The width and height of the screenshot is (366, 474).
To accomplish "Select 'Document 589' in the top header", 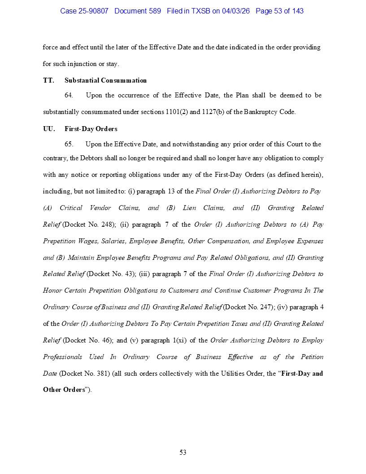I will click(x=138, y=11).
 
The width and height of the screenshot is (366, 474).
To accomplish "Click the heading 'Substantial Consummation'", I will click(x=105, y=80).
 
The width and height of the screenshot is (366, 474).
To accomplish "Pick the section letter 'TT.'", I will click(x=48, y=80).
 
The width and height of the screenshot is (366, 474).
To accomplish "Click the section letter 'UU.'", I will click(x=49, y=129).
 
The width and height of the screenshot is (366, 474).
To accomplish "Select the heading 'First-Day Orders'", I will click(x=91, y=129).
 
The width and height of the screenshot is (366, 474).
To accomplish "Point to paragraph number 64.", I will click(x=69, y=95).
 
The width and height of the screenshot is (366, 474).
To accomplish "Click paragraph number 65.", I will click(x=69, y=144).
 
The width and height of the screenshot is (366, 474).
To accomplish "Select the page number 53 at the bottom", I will click(x=183, y=452).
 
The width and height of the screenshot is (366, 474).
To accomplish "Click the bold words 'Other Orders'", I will click(x=64, y=390).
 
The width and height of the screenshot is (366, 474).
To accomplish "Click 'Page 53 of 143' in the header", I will click(x=279, y=11).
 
